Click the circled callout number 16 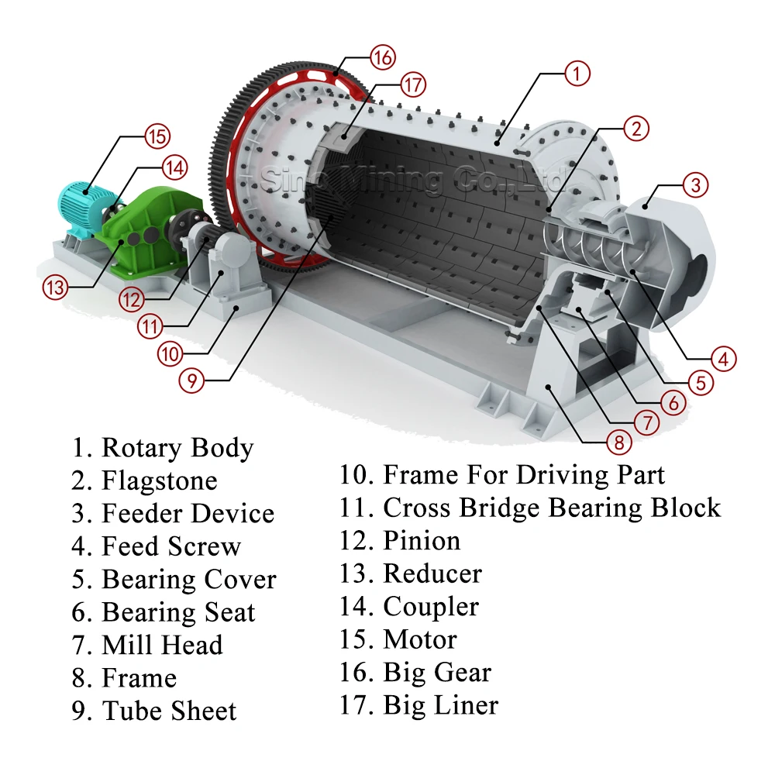(382, 57)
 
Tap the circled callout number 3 (696, 184)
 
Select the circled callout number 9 (191, 380)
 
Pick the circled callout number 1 (577, 74)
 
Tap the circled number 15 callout (157, 136)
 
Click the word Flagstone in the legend (159, 480)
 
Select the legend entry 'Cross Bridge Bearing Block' (551, 508)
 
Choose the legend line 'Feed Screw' (170, 546)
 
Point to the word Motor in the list (419, 639)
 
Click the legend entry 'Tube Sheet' (168, 711)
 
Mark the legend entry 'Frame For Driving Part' (523, 474)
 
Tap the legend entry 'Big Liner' (439, 705)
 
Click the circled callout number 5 (701, 381)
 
